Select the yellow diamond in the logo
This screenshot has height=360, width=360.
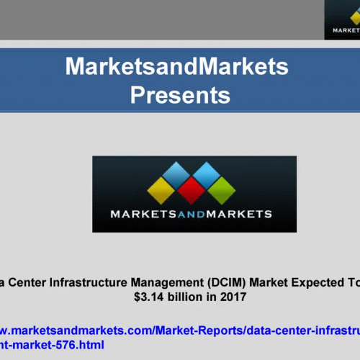pos(159,190)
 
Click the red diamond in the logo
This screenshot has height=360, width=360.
pos(191,190)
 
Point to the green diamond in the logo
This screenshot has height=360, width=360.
pos(222,190)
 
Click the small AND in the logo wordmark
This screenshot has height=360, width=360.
pos(192,214)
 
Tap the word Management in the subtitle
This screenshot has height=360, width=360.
pos(177,281)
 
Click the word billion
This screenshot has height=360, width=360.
pos(186,295)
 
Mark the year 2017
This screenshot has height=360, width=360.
pos(233,295)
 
